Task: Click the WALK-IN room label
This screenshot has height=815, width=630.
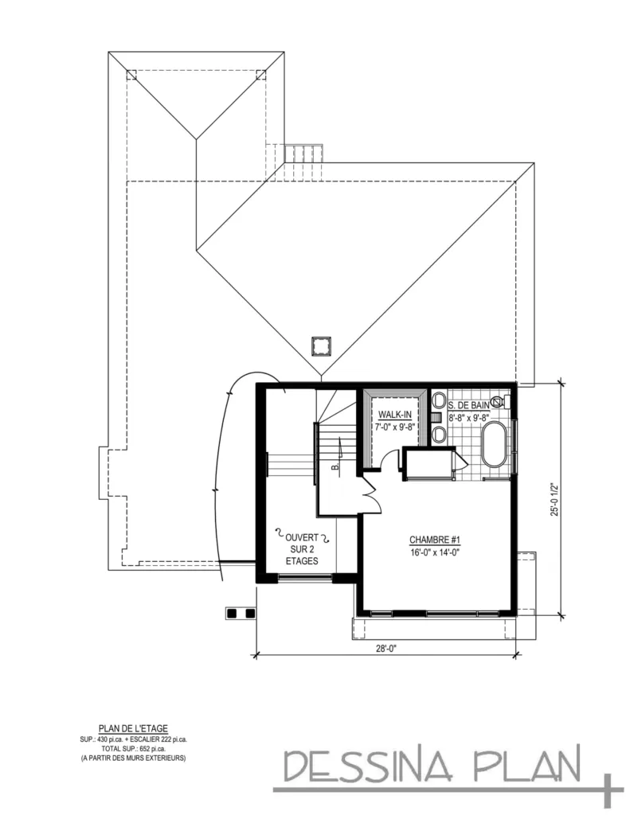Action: coord(394,415)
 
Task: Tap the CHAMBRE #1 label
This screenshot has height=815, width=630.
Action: coord(436,538)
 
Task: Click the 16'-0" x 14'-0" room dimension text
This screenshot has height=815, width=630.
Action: coord(436,552)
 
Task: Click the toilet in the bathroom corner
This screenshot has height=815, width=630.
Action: coord(498,402)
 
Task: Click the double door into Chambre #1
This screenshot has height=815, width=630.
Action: coord(369,496)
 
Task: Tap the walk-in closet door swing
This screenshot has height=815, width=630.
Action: coord(390,462)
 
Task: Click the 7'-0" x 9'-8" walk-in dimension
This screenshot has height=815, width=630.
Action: coord(394,427)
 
